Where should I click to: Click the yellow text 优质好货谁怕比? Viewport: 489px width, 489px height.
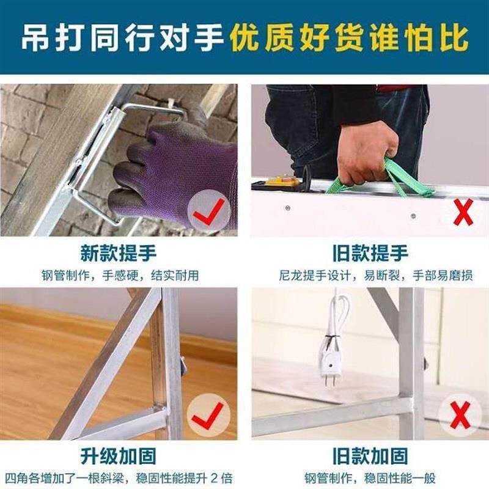350,38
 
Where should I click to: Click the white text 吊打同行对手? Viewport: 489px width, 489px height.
122,38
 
